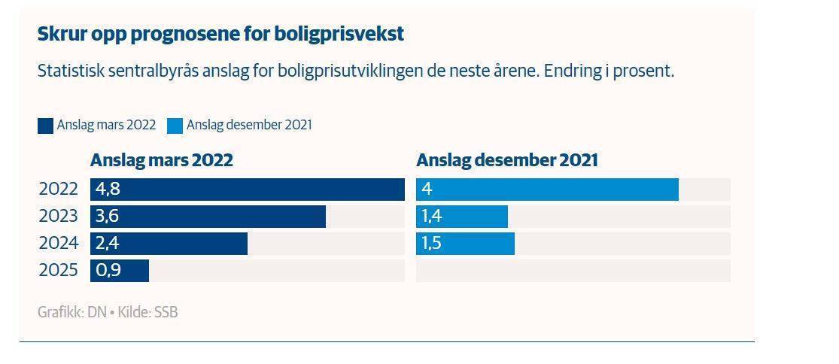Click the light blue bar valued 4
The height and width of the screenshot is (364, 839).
[547, 190]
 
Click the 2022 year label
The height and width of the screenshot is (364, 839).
[58, 190]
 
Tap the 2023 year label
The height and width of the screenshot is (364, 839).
[58, 217]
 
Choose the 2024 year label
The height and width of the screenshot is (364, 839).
[58, 244]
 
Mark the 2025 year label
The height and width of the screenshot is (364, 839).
[58, 271]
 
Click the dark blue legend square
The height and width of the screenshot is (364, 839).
[45, 126]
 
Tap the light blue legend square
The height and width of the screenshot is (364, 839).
[175, 126]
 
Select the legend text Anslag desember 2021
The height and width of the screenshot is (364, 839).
[248, 126]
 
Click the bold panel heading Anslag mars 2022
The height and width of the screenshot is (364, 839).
[161, 160]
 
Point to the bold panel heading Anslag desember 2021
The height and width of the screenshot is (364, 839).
[506, 160]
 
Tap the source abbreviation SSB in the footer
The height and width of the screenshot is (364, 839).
[166, 312]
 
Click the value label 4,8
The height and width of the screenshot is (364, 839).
[108, 190]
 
